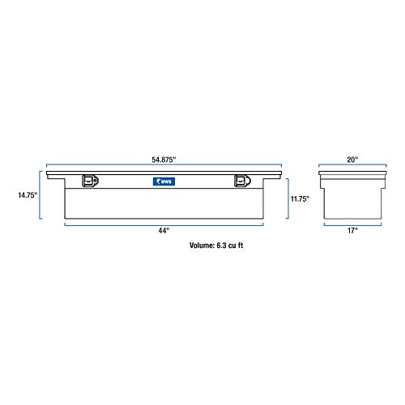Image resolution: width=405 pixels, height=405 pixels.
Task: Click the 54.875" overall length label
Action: click(x=164, y=159)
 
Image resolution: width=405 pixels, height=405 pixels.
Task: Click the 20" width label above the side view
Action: click(x=349, y=159)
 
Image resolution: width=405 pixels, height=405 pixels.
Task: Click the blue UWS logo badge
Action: click(x=164, y=181)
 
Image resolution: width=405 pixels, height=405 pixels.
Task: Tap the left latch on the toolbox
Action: click(x=89, y=181)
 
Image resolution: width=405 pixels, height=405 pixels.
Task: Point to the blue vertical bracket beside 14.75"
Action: click(x=40, y=194)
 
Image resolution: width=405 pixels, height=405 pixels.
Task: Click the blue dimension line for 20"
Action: click(x=349, y=166)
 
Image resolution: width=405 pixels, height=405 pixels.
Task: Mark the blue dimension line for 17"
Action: click(x=349, y=224)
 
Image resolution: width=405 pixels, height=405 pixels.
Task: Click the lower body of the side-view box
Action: click(x=349, y=200)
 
